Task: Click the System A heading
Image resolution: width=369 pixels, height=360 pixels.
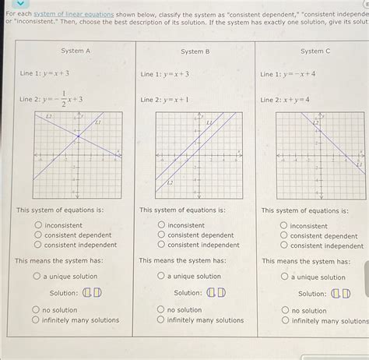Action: point(76,51)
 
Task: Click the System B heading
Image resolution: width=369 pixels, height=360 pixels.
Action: point(195,51)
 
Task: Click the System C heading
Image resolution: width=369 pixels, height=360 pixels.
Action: point(315,51)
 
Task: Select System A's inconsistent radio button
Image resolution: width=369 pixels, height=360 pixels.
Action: point(37,225)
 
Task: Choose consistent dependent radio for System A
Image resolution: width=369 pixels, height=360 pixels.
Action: point(37,235)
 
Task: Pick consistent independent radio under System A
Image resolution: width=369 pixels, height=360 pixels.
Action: point(37,244)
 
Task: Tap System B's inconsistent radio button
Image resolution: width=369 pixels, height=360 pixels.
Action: point(160,225)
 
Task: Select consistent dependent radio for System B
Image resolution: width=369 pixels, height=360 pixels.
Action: point(160,235)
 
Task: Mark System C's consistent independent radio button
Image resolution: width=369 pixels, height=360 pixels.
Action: point(283,245)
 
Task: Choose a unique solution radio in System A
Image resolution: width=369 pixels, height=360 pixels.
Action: point(36,276)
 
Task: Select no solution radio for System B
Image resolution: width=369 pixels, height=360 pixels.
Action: point(160,309)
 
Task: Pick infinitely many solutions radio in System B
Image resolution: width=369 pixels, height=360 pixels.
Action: point(160,319)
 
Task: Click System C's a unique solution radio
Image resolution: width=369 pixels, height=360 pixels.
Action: point(284,277)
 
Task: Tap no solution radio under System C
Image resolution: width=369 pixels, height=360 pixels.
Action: point(284,310)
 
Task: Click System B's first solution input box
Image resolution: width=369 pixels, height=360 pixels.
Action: point(210,293)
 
